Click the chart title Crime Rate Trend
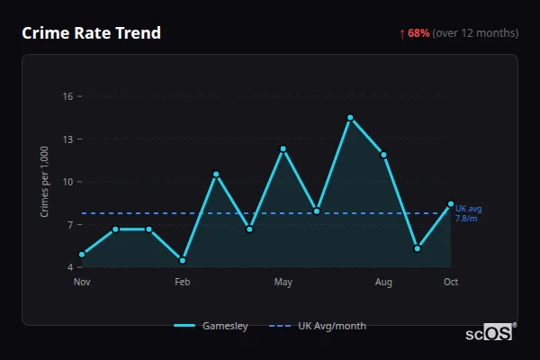click(x=91, y=33)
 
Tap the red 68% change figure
click(x=418, y=33)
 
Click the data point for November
click(x=82, y=255)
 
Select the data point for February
click(x=183, y=260)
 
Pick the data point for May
click(x=283, y=148)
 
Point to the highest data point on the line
click(x=350, y=117)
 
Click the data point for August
click(x=383, y=155)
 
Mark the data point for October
click(x=451, y=203)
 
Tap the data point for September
click(x=418, y=248)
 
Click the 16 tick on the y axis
click(x=67, y=96)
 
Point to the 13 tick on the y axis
click(x=67, y=139)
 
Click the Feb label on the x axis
click(x=183, y=283)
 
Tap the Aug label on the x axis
click(x=383, y=283)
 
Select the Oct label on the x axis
click(x=451, y=283)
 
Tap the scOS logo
click(x=490, y=332)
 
